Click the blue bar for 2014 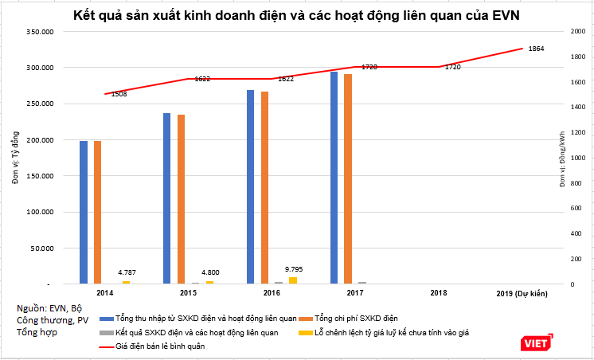click(x=84, y=212)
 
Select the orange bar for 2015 click(x=182, y=199)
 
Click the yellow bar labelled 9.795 click(x=293, y=280)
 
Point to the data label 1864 click(x=536, y=49)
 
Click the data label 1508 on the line click(x=119, y=95)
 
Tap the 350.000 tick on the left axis click(x=39, y=32)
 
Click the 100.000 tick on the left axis click(x=39, y=213)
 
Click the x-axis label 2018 click(x=438, y=293)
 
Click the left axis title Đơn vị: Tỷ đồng click(x=14, y=159)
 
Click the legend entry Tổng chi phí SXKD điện click(x=354, y=318)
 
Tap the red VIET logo click(x=530, y=343)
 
